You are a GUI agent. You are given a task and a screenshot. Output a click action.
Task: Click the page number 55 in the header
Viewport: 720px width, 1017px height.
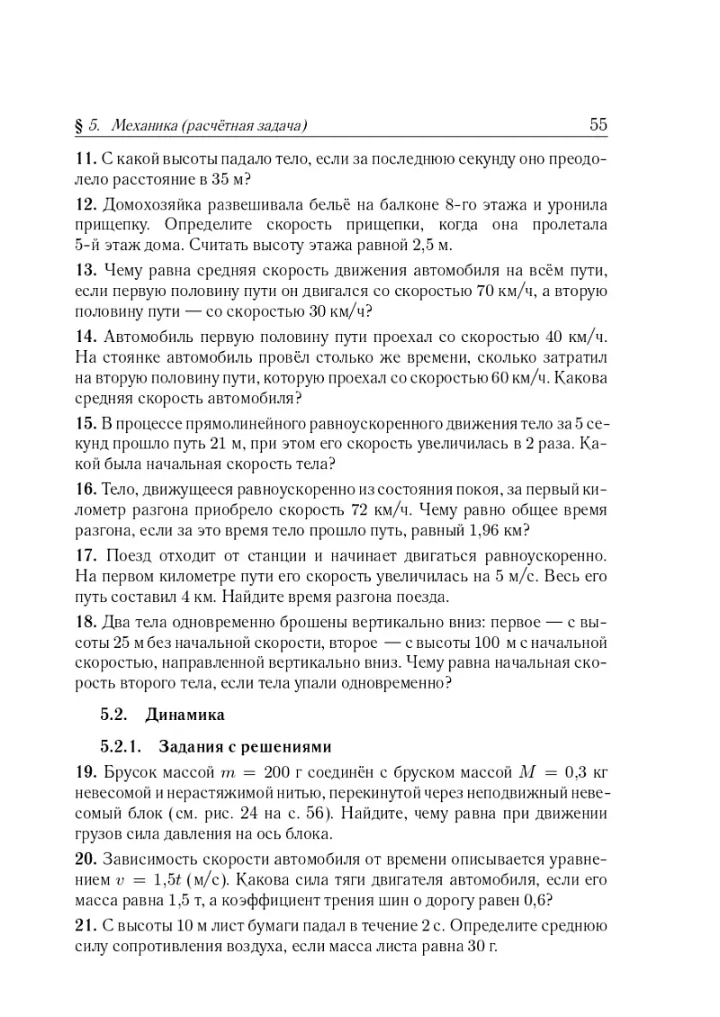598,125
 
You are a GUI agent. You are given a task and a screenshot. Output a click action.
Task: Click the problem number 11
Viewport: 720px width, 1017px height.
85,159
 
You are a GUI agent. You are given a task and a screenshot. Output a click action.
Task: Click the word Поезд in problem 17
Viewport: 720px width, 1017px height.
127,554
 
